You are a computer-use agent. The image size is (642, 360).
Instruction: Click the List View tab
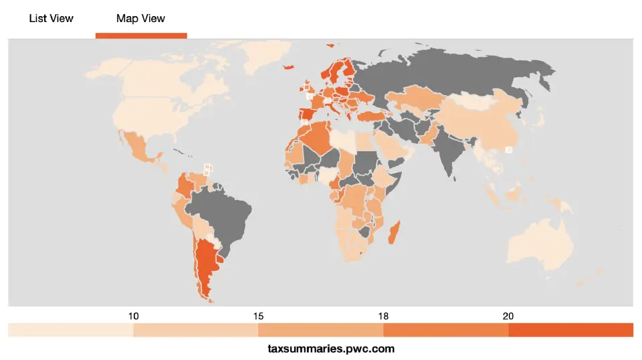(51, 18)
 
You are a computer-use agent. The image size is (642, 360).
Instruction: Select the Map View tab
(140, 18)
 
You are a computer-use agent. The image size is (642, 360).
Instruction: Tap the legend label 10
(134, 316)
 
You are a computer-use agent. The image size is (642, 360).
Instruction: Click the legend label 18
(384, 316)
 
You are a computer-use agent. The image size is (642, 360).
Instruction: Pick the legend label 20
(509, 316)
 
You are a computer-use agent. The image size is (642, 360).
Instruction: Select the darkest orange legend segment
(570, 330)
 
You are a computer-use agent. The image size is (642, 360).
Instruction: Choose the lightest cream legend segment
(71, 330)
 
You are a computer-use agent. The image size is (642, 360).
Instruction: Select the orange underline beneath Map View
(141, 35)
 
